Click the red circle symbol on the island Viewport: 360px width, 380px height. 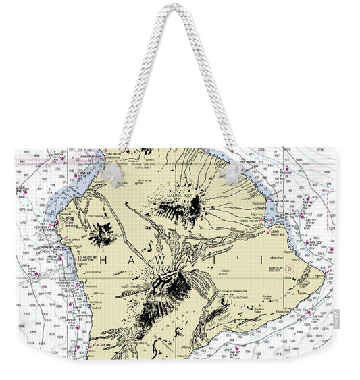pos(290,269)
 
